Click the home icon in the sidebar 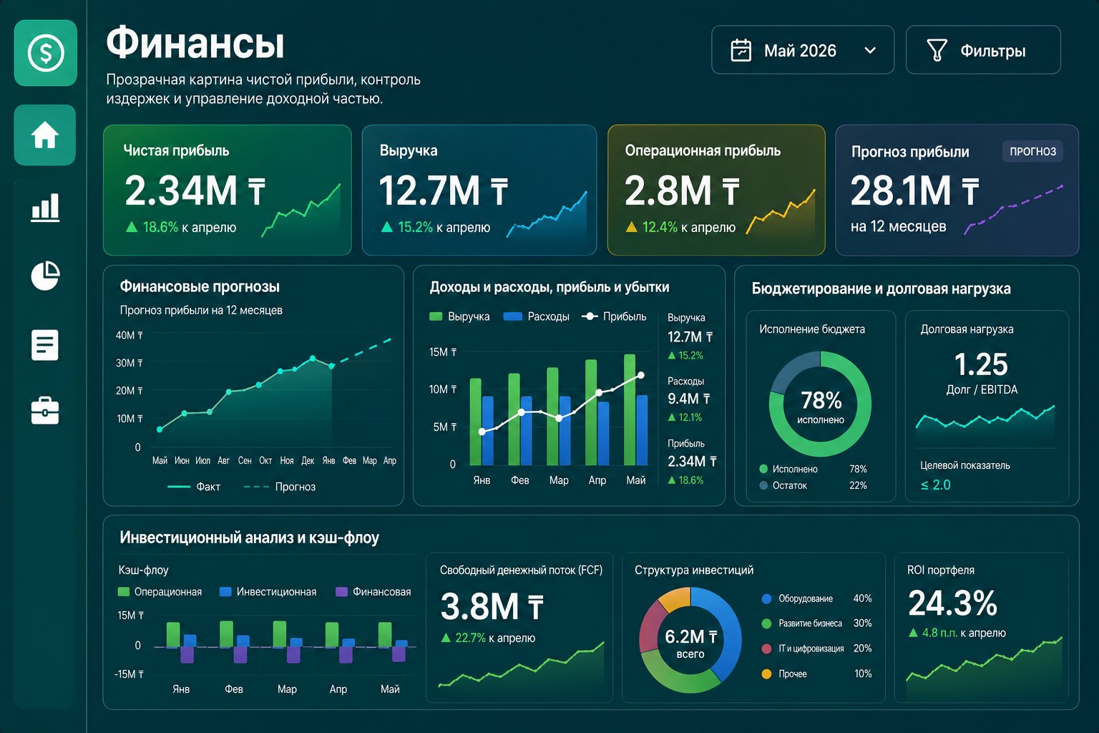(x=45, y=135)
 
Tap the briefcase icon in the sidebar (x=45, y=410)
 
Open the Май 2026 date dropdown (x=803, y=50)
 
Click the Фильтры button (x=983, y=50)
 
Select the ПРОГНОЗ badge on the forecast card (x=1032, y=151)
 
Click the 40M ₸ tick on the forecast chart (x=129, y=335)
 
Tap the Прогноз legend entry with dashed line (x=280, y=487)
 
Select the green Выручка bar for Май (x=630, y=409)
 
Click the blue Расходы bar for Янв (x=488, y=431)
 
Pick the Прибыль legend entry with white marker (x=614, y=316)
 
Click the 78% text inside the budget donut (x=821, y=400)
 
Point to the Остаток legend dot (x=763, y=485)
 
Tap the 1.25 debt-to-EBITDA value (x=981, y=364)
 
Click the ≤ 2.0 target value (x=936, y=485)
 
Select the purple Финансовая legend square (x=341, y=591)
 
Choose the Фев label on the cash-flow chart (x=234, y=689)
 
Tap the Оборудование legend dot (x=766, y=598)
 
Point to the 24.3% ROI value (x=953, y=603)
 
